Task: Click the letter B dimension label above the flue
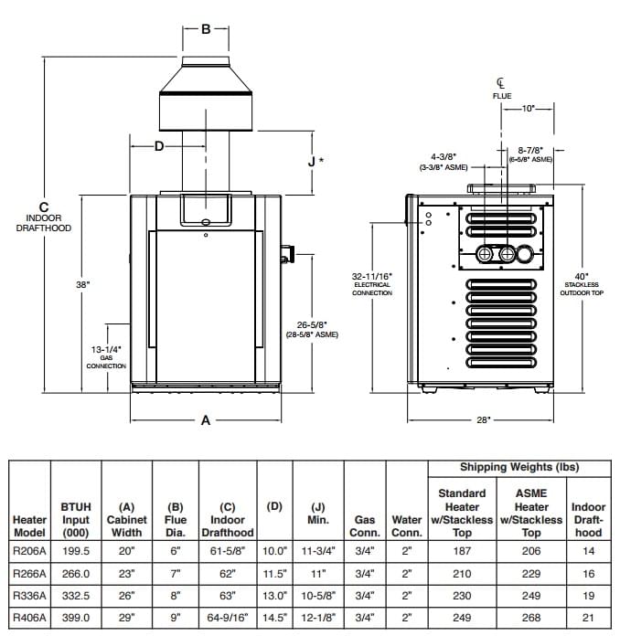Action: [206, 29]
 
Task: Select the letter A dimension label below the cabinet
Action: [206, 420]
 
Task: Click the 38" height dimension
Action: [83, 285]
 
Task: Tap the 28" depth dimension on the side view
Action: [484, 419]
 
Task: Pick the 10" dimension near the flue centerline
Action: [529, 109]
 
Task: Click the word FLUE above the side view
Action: [502, 96]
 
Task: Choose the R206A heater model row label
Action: [30, 551]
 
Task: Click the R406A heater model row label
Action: [30, 618]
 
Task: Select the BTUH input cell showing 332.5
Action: [75, 596]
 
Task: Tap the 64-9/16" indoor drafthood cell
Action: [228, 618]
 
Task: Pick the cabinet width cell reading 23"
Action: [127, 574]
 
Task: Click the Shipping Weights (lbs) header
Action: [518, 468]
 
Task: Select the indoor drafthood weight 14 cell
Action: [588, 551]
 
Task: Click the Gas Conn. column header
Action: [364, 526]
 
